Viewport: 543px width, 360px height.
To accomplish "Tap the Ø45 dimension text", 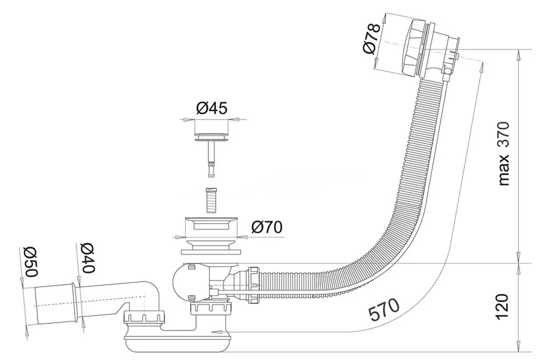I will coord(211,109).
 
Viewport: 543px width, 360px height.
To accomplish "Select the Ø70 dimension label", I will coord(265,227).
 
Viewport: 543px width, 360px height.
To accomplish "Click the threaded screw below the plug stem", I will coord(210,200).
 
